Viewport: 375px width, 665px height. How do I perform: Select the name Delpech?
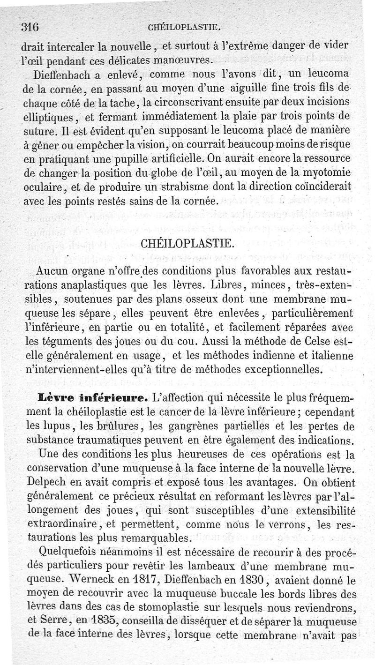tap(46, 482)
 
